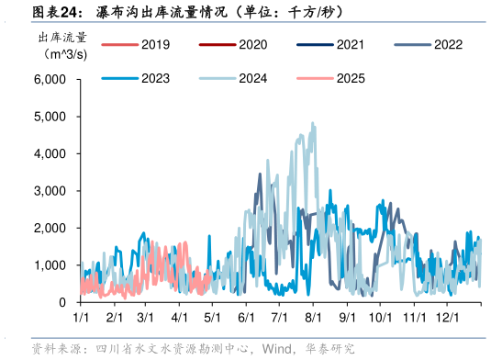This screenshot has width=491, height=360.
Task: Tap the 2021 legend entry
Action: [330, 44]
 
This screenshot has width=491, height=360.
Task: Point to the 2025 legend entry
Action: [330, 78]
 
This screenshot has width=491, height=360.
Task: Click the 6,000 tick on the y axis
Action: [49, 80]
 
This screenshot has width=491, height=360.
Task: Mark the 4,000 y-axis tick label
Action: [49, 154]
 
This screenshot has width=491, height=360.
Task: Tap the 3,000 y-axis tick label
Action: [49, 191]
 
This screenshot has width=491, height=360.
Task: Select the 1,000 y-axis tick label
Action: [49, 265]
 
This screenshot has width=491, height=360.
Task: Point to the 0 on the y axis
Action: [61, 302]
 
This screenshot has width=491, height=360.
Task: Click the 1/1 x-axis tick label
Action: [81, 317]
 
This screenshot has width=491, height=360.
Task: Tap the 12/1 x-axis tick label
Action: [447, 317]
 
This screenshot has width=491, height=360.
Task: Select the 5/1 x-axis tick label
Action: [214, 317]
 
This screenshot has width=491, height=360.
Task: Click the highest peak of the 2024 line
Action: [313, 124]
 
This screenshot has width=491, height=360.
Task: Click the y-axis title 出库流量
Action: [61, 38]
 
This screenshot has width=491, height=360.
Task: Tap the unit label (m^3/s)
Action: [61, 54]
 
